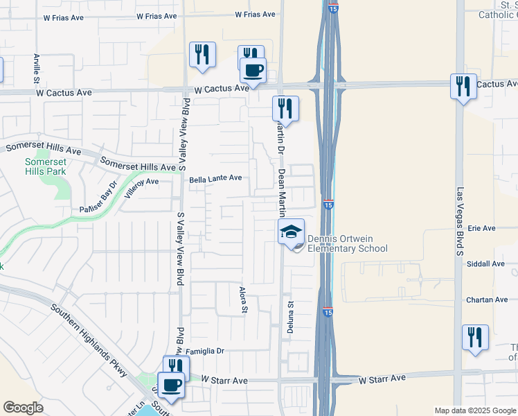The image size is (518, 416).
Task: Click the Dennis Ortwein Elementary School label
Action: click(x=347, y=243)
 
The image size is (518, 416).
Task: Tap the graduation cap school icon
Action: click(x=292, y=232)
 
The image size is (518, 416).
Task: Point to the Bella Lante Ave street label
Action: click(x=216, y=178)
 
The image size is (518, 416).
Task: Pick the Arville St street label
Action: click(x=36, y=68)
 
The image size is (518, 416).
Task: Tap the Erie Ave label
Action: click(x=482, y=227)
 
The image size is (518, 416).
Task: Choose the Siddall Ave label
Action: click(x=486, y=263)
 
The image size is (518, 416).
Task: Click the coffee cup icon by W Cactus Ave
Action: click(x=253, y=70)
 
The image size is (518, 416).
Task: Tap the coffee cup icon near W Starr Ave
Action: click(x=171, y=385)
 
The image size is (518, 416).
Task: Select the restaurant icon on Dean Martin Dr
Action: click(x=285, y=108)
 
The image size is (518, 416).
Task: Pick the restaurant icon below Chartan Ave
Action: click(x=475, y=338)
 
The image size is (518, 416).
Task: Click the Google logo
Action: click(x=22, y=408)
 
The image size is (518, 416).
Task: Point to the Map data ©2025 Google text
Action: click(x=474, y=410)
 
